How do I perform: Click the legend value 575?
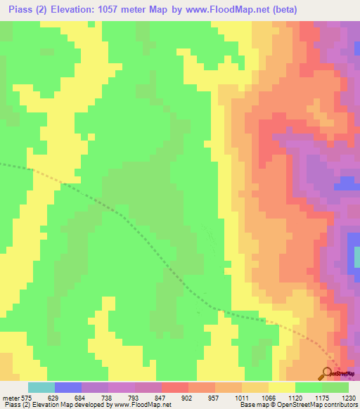(x=27, y=398)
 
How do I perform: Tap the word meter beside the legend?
(x=10, y=398)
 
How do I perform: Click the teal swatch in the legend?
(x=41, y=387)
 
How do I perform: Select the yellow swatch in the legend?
(x=281, y=387)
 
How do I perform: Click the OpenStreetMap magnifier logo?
(x=328, y=373)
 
